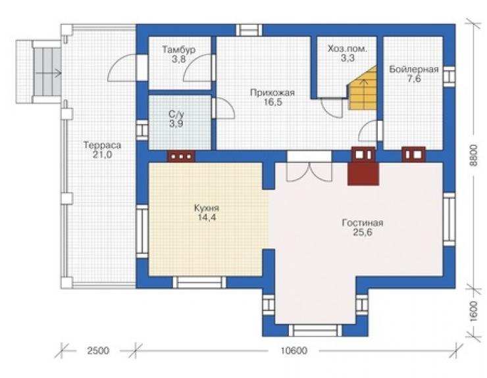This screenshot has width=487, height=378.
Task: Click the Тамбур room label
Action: click(178, 50)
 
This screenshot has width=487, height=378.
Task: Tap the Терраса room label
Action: click(102, 145)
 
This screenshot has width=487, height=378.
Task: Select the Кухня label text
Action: click(207, 208)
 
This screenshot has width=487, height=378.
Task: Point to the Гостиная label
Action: click(363, 223)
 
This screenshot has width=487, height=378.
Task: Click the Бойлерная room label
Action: click(414, 69)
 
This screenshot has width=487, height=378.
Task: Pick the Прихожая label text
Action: click(272, 93)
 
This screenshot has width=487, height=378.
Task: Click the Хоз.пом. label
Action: click(347, 49)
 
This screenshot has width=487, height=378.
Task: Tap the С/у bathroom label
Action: click(176, 114)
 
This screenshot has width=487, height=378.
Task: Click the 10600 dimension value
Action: click(294, 350)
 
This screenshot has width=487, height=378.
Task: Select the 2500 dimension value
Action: click(98, 350)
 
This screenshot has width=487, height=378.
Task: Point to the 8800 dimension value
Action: click(473, 155)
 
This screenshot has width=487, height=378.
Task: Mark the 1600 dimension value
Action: click(473, 311)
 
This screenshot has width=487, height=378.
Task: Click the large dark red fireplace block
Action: click(363, 174)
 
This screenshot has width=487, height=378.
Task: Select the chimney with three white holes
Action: click(181, 156)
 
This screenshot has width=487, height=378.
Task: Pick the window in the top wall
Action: click(249, 30)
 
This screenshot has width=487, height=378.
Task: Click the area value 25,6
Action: click(363, 232)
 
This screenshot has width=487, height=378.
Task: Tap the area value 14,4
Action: click(207, 217)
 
